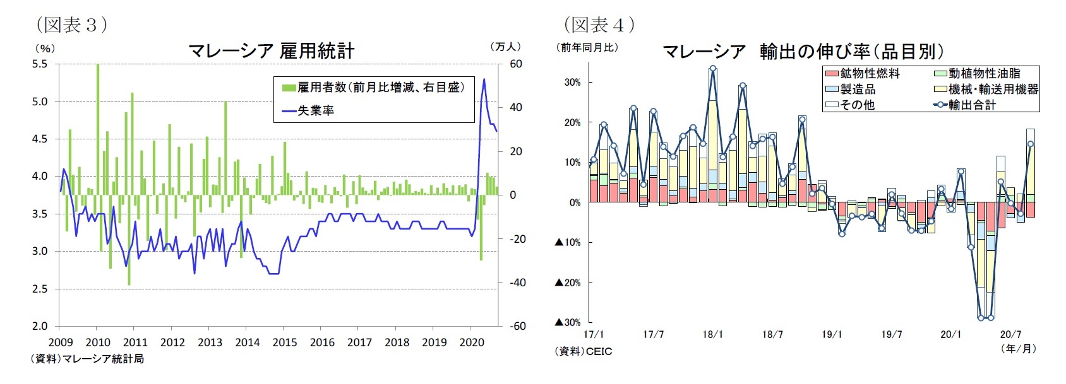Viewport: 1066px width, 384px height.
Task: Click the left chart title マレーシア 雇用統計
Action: coord(272,51)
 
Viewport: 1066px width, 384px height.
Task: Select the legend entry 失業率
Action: coord(315,110)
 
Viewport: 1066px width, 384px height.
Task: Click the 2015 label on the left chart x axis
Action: coord(285,342)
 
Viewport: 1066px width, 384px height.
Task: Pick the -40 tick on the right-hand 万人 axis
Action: coord(517,282)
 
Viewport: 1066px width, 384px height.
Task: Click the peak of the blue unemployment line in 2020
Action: coord(484,79)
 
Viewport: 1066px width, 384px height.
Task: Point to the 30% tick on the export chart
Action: coord(573,82)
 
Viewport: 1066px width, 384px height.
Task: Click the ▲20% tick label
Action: coord(568,282)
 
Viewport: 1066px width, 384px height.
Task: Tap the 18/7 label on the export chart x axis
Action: coord(772,334)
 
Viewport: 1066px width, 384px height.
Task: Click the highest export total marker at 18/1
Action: coord(713,69)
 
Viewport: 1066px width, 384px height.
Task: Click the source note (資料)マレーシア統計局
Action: coord(87,359)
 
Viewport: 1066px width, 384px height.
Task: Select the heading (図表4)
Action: coord(599,25)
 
